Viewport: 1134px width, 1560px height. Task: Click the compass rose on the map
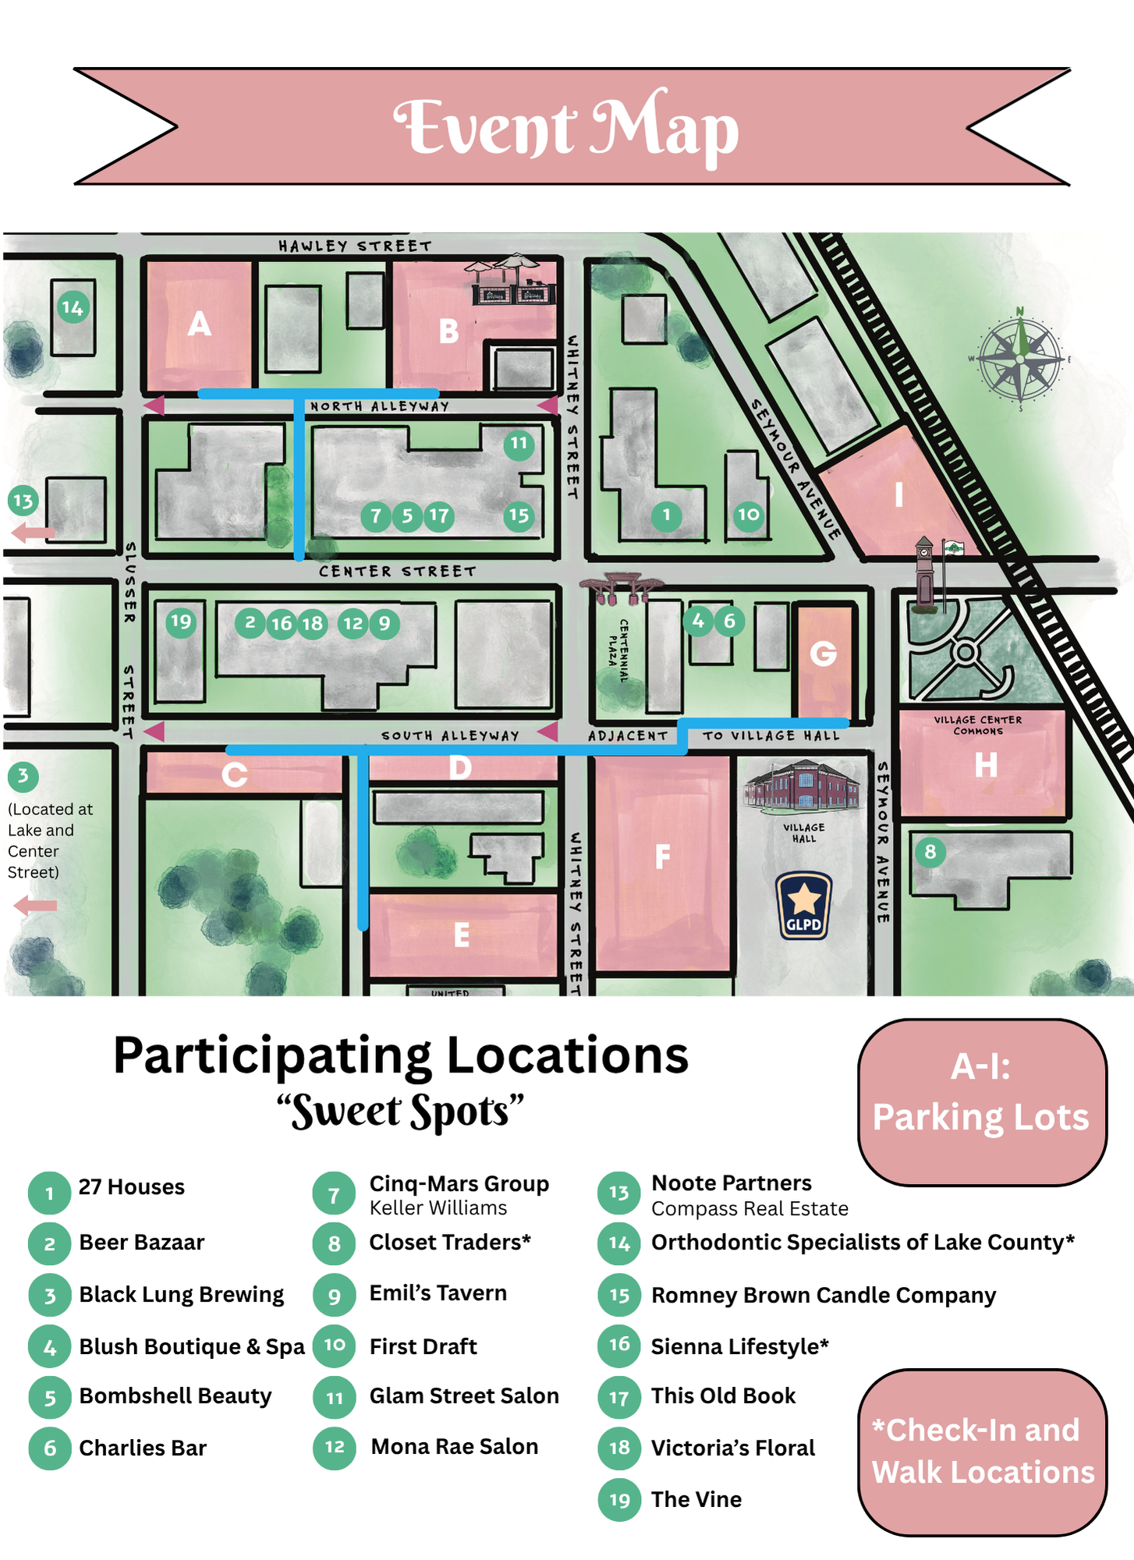1019,360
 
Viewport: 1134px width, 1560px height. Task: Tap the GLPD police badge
803,905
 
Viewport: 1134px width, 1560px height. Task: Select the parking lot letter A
200,324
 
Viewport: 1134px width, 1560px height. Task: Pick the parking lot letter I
898,495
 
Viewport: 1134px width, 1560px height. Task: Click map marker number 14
73,308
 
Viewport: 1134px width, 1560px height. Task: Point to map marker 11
519,444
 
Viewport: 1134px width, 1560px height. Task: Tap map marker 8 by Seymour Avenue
930,852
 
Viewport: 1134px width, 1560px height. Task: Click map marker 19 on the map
181,622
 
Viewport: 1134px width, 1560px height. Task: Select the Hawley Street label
355,246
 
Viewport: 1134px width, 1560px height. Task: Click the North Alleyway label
380,406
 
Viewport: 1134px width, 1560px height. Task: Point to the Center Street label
397,572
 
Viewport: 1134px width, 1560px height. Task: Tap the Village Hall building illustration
803,787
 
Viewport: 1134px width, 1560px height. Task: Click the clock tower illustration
925,573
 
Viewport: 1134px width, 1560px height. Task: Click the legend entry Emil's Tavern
438,1293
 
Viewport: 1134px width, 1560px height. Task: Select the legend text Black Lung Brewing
181,1295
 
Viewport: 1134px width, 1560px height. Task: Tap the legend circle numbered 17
619,1398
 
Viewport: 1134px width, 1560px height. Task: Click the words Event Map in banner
566,127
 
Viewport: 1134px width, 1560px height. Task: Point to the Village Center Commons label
978,725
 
